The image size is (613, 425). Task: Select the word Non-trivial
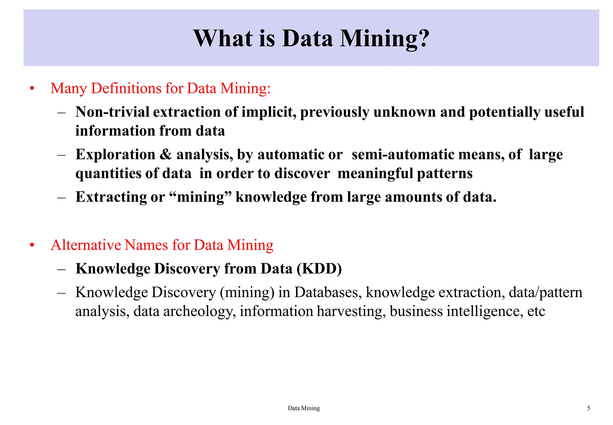(112, 112)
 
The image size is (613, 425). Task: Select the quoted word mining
(200, 197)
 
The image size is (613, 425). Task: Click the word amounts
(406, 197)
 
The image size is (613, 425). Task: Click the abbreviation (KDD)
(319, 269)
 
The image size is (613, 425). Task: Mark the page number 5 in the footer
(589, 408)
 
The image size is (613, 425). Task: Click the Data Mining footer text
(304, 408)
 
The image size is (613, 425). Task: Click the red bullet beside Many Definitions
(32, 89)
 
